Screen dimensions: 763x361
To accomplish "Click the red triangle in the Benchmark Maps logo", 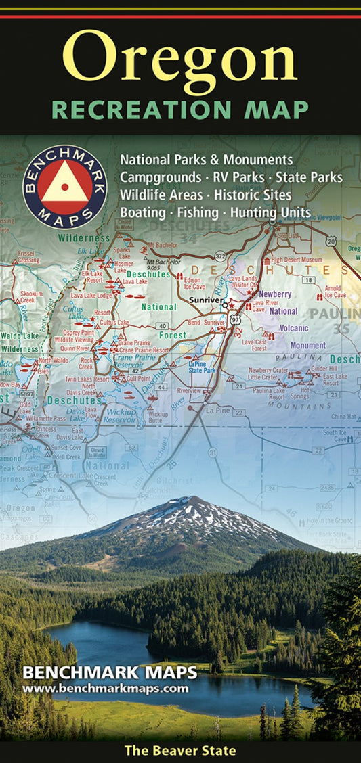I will point(65,187).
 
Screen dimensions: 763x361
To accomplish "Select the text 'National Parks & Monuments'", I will point(206,160).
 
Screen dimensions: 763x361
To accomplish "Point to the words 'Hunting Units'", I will point(270,212).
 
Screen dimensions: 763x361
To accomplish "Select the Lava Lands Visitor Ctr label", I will point(244,282).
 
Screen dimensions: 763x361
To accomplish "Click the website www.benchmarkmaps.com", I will point(105,689).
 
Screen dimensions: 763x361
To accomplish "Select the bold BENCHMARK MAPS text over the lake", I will point(110,674).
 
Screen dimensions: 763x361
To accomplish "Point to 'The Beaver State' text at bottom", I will point(179,750).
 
